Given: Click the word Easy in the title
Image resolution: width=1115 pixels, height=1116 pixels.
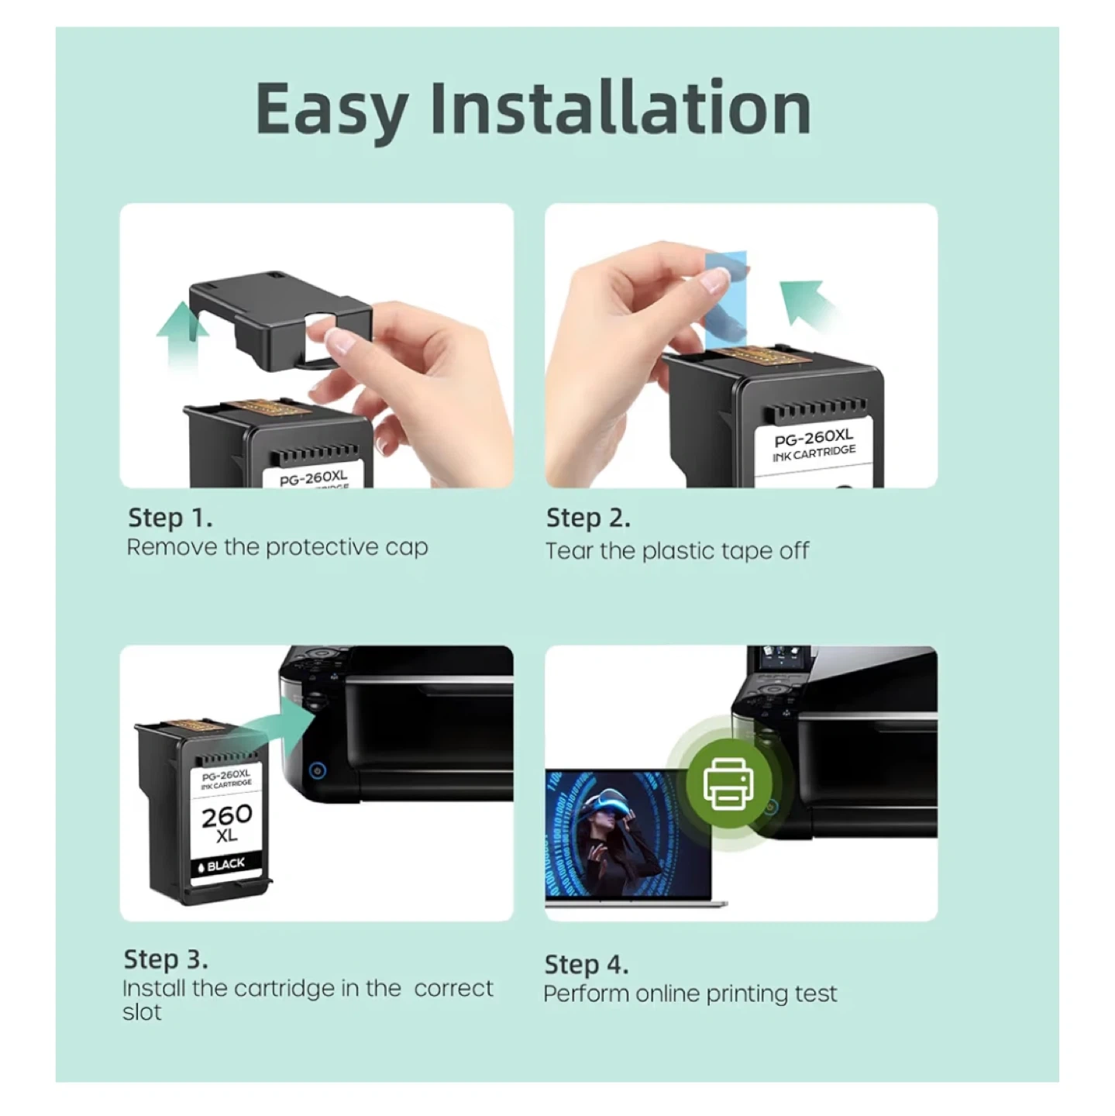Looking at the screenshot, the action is pos(332,110).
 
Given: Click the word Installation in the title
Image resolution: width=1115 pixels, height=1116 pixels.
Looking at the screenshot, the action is pos(621,106).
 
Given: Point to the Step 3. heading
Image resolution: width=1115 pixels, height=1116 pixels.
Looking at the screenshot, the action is pos(166,959).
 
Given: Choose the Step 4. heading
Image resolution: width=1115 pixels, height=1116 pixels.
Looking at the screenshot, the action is pos(587,964).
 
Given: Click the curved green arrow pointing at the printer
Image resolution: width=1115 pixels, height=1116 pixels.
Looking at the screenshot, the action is pos(278,725).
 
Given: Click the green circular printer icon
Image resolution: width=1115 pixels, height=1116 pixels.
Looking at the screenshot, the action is pos(728,783).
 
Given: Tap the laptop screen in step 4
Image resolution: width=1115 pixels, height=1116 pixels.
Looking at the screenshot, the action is pos(628,833).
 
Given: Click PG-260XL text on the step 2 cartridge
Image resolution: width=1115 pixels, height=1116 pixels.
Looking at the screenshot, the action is pos(813,437).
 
